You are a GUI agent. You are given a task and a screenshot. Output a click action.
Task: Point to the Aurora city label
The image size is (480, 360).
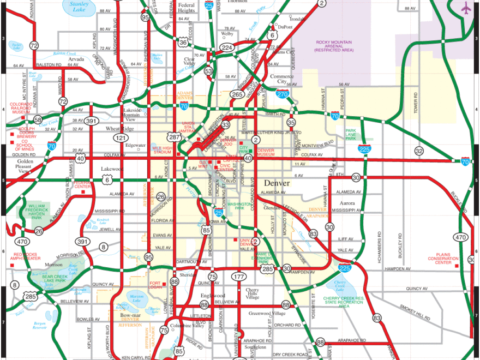tap(347, 203)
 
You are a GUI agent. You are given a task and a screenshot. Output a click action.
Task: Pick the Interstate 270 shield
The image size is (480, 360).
tap(282, 94)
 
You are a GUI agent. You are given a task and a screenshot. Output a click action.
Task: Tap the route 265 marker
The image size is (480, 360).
tap(237, 94)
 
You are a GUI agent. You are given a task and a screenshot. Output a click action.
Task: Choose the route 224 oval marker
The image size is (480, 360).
tap(227, 47)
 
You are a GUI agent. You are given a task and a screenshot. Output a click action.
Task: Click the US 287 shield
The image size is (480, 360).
tap(174, 137)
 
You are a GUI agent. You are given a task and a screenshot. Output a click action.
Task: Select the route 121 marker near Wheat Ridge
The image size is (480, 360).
tap(121, 138)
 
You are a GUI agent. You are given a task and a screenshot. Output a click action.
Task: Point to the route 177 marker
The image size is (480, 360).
tap(239, 277)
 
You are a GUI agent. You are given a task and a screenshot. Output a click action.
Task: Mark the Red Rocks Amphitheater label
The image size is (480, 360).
tap(25, 256)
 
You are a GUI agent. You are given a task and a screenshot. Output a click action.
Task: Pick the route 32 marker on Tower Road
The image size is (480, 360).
tap(419, 151)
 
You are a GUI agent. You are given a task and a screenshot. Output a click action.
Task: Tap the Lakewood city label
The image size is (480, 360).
tap(113, 169)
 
